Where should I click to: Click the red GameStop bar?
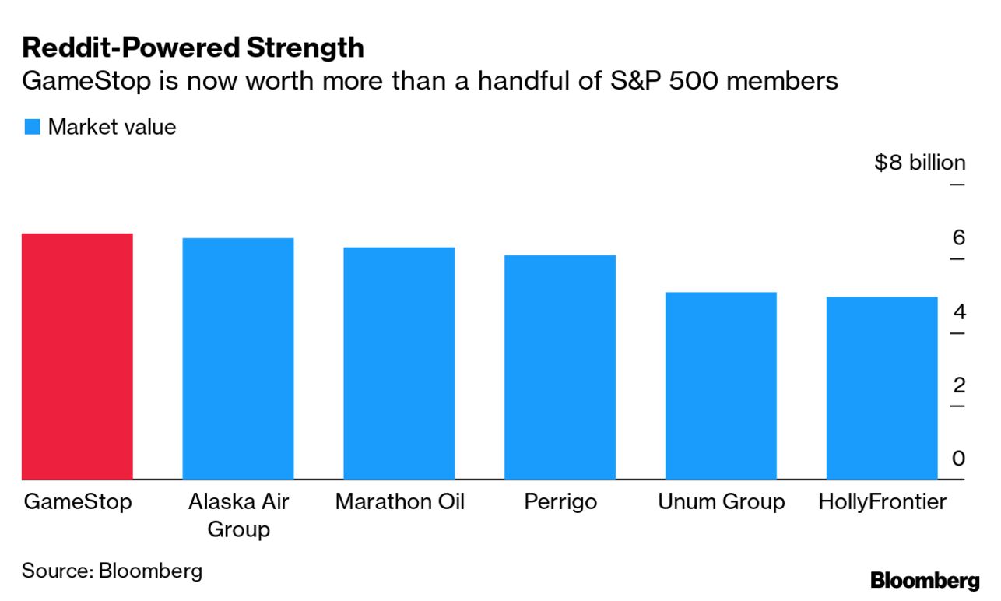(x=77, y=356)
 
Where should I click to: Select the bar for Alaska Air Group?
(x=237, y=358)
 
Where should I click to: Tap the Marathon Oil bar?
(x=399, y=363)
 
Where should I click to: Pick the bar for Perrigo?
(x=560, y=367)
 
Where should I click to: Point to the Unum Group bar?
(x=721, y=385)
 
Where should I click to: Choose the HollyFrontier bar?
(x=881, y=388)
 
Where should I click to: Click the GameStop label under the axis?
(x=77, y=502)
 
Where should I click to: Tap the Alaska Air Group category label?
(x=238, y=515)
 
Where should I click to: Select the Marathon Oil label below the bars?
(x=399, y=502)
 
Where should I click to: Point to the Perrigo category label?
(x=560, y=502)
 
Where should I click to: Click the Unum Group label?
(x=722, y=502)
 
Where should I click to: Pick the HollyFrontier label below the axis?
(x=882, y=502)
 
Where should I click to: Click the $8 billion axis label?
(x=919, y=163)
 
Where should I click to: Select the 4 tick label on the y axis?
(x=958, y=312)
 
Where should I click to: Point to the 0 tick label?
(x=958, y=459)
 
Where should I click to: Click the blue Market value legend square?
(x=32, y=127)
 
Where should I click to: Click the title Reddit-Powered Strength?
(x=193, y=48)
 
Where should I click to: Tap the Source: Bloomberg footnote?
(x=112, y=571)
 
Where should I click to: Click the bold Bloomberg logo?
(x=925, y=580)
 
